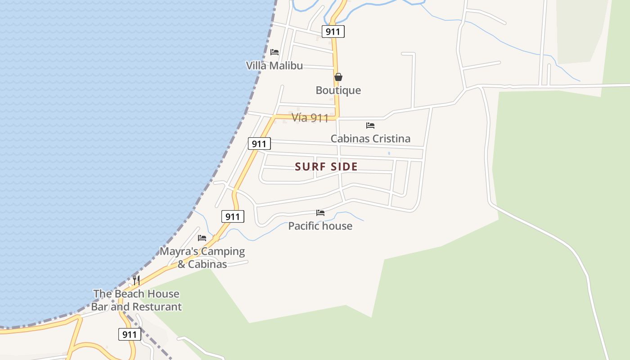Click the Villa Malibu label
274,66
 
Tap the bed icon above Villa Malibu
274,52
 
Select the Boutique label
338,90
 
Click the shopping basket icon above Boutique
338,77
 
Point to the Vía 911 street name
310,118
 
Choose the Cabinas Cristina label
370,139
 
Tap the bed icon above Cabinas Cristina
370,126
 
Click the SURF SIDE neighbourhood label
326,166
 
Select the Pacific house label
320,226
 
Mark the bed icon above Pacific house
320,213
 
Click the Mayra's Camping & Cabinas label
202,257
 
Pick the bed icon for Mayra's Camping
202,238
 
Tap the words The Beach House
136,294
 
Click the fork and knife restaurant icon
136,280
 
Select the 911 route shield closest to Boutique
333,31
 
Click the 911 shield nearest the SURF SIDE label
259,144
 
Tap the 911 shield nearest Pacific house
233,217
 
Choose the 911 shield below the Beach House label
130,334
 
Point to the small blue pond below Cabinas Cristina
389,153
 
